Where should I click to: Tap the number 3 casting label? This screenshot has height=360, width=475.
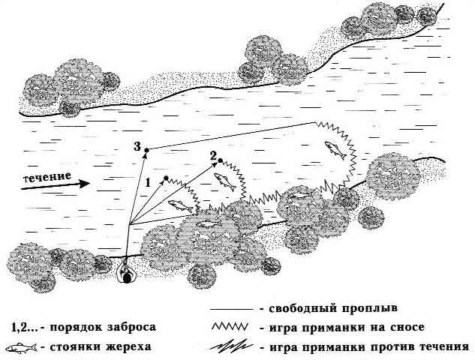point(137,147)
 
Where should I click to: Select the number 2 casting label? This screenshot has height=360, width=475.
point(214,156)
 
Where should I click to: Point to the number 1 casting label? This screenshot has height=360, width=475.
point(148,182)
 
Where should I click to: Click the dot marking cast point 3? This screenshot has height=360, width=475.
point(146,150)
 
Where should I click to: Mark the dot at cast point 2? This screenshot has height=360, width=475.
point(220,160)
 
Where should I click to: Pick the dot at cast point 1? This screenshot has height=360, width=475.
point(166,178)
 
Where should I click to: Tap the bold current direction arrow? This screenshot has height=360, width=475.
point(55,185)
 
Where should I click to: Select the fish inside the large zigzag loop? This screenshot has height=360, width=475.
point(335,150)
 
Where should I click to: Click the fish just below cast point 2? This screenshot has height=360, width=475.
point(225,181)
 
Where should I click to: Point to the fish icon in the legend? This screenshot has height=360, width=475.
point(22,348)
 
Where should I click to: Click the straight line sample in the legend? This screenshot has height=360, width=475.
point(232,310)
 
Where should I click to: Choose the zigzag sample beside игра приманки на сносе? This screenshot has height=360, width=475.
point(230,327)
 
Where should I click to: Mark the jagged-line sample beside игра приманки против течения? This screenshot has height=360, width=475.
point(231,347)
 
